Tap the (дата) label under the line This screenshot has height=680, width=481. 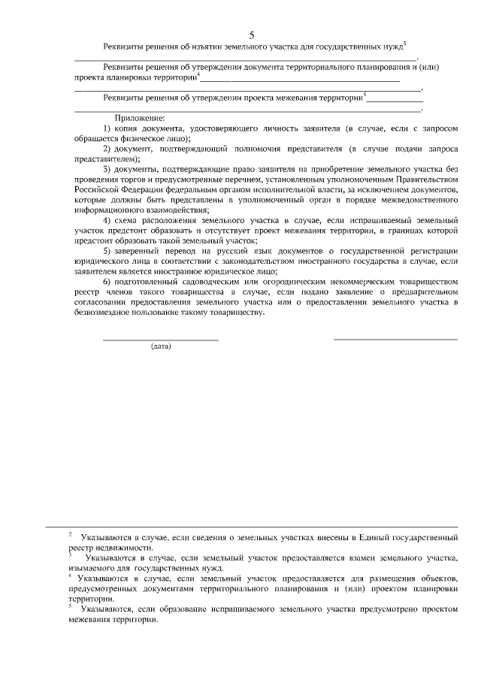tap(161, 346)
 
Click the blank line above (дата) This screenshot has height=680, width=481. tap(161, 340)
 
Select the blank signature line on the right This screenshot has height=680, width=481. tap(395, 340)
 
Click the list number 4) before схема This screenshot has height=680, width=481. tap(107, 220)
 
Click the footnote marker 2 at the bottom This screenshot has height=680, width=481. tap(69, 535)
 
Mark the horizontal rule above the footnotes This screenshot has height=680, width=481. tap(252, 525)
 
